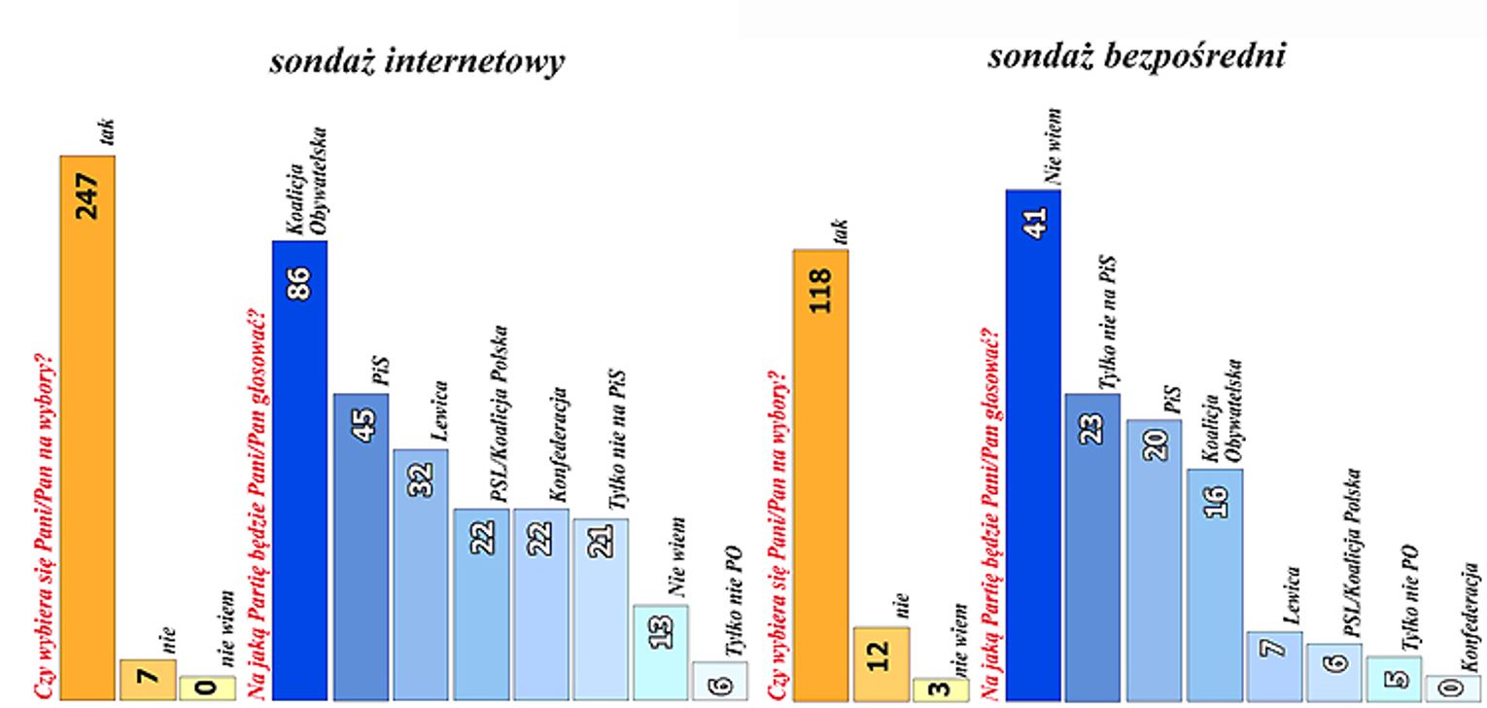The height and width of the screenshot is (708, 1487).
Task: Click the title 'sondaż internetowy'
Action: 417,62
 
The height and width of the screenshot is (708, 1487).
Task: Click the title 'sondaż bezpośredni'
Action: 1136,55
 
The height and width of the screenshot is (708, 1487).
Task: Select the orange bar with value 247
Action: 87,428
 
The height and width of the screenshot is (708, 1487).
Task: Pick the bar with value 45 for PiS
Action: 361,546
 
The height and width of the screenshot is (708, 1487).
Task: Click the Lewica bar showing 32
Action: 421,574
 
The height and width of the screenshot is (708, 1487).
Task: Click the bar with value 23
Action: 1092,546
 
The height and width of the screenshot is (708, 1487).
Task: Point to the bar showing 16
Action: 1214,584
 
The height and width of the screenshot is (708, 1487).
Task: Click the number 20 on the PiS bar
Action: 1154,443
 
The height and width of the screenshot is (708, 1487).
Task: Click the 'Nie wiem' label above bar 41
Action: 1053,146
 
